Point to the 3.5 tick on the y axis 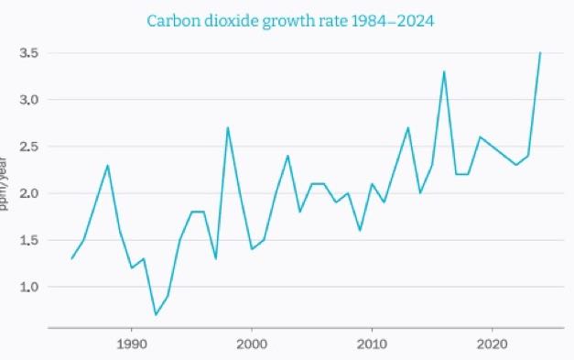click(30, 53)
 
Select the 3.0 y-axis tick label click(30, 100)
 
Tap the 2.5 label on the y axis click(30, 147)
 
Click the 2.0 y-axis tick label click(30, 193)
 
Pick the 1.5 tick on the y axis click(30, 240)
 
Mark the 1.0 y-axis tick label click(30, 287)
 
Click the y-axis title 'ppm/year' click(5, 184)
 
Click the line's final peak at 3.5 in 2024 click(540, 53)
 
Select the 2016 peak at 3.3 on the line click(444, 71)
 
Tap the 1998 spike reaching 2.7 click(227, 127)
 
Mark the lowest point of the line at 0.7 click(156, 314)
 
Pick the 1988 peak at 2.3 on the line click(108, 165)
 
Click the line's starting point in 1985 click(71, 258)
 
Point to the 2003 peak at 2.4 click(287, 156)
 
